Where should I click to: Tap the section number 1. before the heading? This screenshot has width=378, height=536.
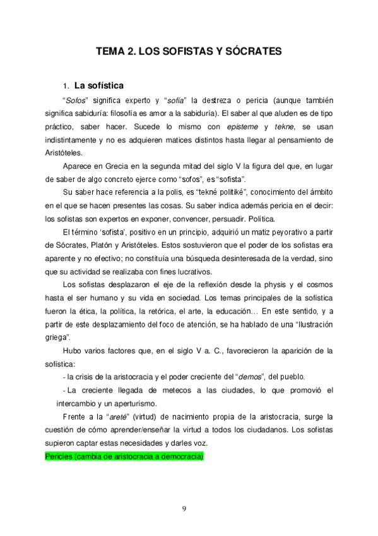[65, 85]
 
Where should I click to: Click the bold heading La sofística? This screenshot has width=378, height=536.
[98, 85]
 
